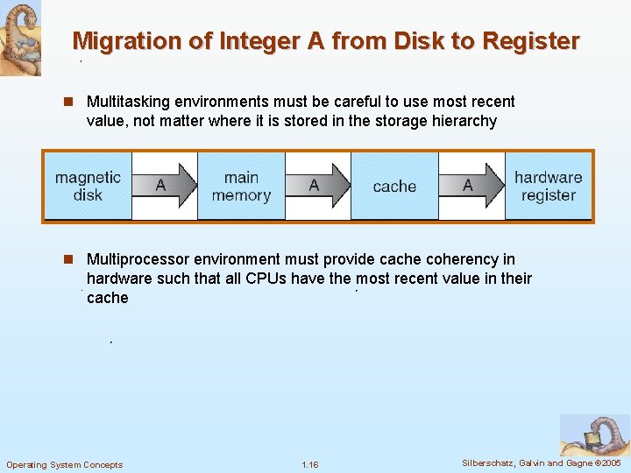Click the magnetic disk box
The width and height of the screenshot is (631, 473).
(x=88, y=186)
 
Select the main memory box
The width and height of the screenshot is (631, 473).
(x=241, y=186)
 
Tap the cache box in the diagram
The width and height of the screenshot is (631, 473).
(x=394, y=186)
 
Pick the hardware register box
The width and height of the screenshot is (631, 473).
(x=549, y=186)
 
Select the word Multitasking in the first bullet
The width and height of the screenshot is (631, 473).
(x=129, y=102)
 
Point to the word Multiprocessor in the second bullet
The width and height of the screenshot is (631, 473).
(x=136, y=259)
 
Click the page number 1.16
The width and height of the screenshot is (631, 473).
(x=309, y=464)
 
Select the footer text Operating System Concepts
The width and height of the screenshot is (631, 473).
(x=64, y=464)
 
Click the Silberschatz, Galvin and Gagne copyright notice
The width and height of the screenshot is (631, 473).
(x=541, y=462)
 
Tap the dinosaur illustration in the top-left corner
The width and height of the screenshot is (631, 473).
(x=19, y=37)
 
